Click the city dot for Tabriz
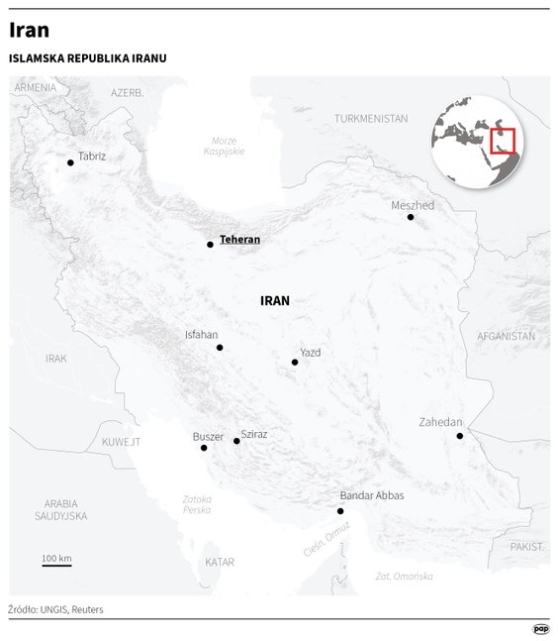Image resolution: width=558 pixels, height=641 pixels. click(70, 162)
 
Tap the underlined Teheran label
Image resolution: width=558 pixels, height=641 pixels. click(239, 240)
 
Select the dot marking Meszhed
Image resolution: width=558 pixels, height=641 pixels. click(411, 217)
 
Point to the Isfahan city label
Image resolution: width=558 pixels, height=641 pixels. click(201, 335)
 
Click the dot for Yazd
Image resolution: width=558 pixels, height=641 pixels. click(295, 363)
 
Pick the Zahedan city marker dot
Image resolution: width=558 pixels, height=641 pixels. click(459, 436)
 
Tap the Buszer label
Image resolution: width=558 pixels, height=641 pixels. click(208, 436)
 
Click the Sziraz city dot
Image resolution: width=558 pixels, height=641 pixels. click(236, 441)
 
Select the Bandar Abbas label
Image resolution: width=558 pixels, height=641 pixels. click(371, 495)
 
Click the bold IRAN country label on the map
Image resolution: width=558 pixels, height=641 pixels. click(274, 300)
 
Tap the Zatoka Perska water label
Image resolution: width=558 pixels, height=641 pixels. click(197, 503)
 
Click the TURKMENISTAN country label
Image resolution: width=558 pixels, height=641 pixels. click(371, 118)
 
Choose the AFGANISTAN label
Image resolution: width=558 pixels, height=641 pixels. click(506, 336)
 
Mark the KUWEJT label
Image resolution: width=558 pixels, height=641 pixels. click(121, 442)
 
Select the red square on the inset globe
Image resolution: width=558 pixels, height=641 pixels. click(503, 142)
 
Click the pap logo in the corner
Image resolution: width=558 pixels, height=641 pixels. click(540, 628)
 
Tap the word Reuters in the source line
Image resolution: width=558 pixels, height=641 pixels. click(86, 609)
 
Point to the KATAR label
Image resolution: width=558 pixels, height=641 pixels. click(220, 562)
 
